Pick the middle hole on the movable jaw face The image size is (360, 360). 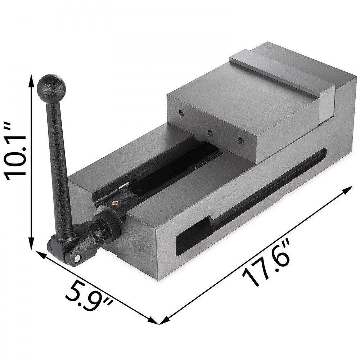pyautogui.click(x=210, y=132)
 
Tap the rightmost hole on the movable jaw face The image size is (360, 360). pyautogui.click(x=239, y=140)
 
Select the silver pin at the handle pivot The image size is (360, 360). pyautogui.click(x=78, y=258)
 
